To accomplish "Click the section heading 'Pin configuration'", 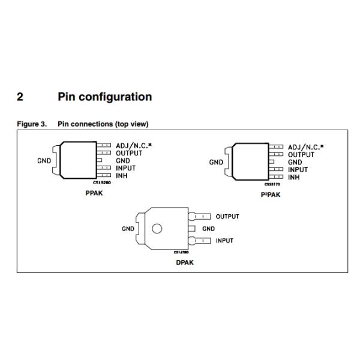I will pos(104,97).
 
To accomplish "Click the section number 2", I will pos(20,97).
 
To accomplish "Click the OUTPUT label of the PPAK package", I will pos(128,153).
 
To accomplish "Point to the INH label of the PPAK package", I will pos(122,176).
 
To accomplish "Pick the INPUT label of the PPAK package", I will pos(126,169).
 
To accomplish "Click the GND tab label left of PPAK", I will pos(44,160).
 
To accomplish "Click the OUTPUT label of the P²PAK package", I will pos(301,155).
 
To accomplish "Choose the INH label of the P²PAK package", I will pos(294,178).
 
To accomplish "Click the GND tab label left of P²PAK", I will pos(216,162).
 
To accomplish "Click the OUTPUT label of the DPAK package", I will pos(227,217).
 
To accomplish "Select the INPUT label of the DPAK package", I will pos(224,241).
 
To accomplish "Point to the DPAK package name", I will pos(185,262).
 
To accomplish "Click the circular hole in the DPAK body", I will pos(157,229).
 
